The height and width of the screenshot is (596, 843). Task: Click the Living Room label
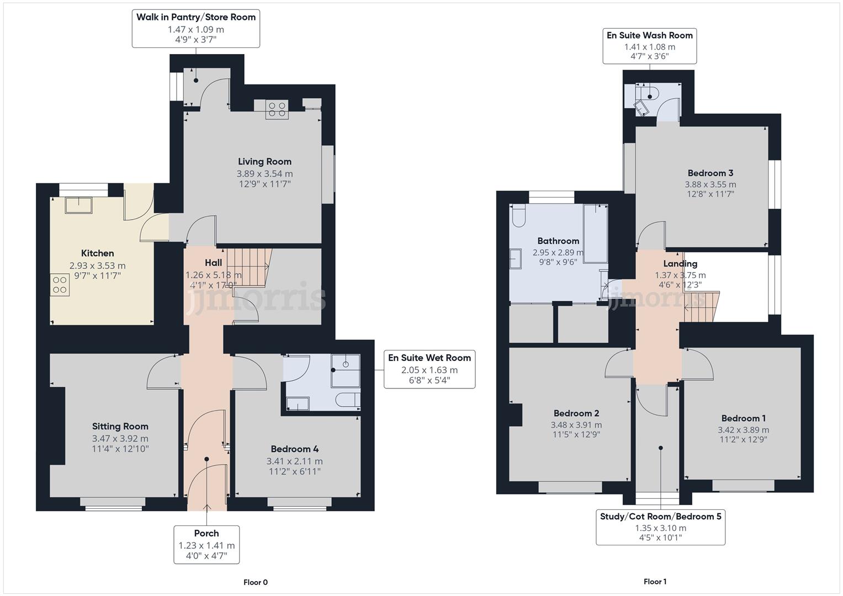click(x=264, y=162)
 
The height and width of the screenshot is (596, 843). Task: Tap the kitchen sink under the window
click(x=78, y=205)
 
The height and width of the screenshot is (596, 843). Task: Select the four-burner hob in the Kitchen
click(x=60, y=285)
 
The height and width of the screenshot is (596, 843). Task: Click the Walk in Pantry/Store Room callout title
click(x=196, y=17)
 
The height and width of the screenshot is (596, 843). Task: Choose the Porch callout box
click(x=206, y=544)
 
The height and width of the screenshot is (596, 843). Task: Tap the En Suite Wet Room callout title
click(x=429, y=358)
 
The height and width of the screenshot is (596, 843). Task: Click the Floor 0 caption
click(x=256, y=582)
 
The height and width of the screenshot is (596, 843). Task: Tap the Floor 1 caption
click(x=655, y=582)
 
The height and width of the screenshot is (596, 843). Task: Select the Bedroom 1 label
click(x=743, y=418)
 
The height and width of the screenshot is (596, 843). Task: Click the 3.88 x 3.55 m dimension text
click(x=710, y=184)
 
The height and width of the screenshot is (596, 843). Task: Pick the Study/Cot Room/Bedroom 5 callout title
click(x=660, y=517)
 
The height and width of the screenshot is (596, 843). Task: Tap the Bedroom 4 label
click(x=294, y=449)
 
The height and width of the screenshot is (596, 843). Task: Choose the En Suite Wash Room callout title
click(x=649, y=35)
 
